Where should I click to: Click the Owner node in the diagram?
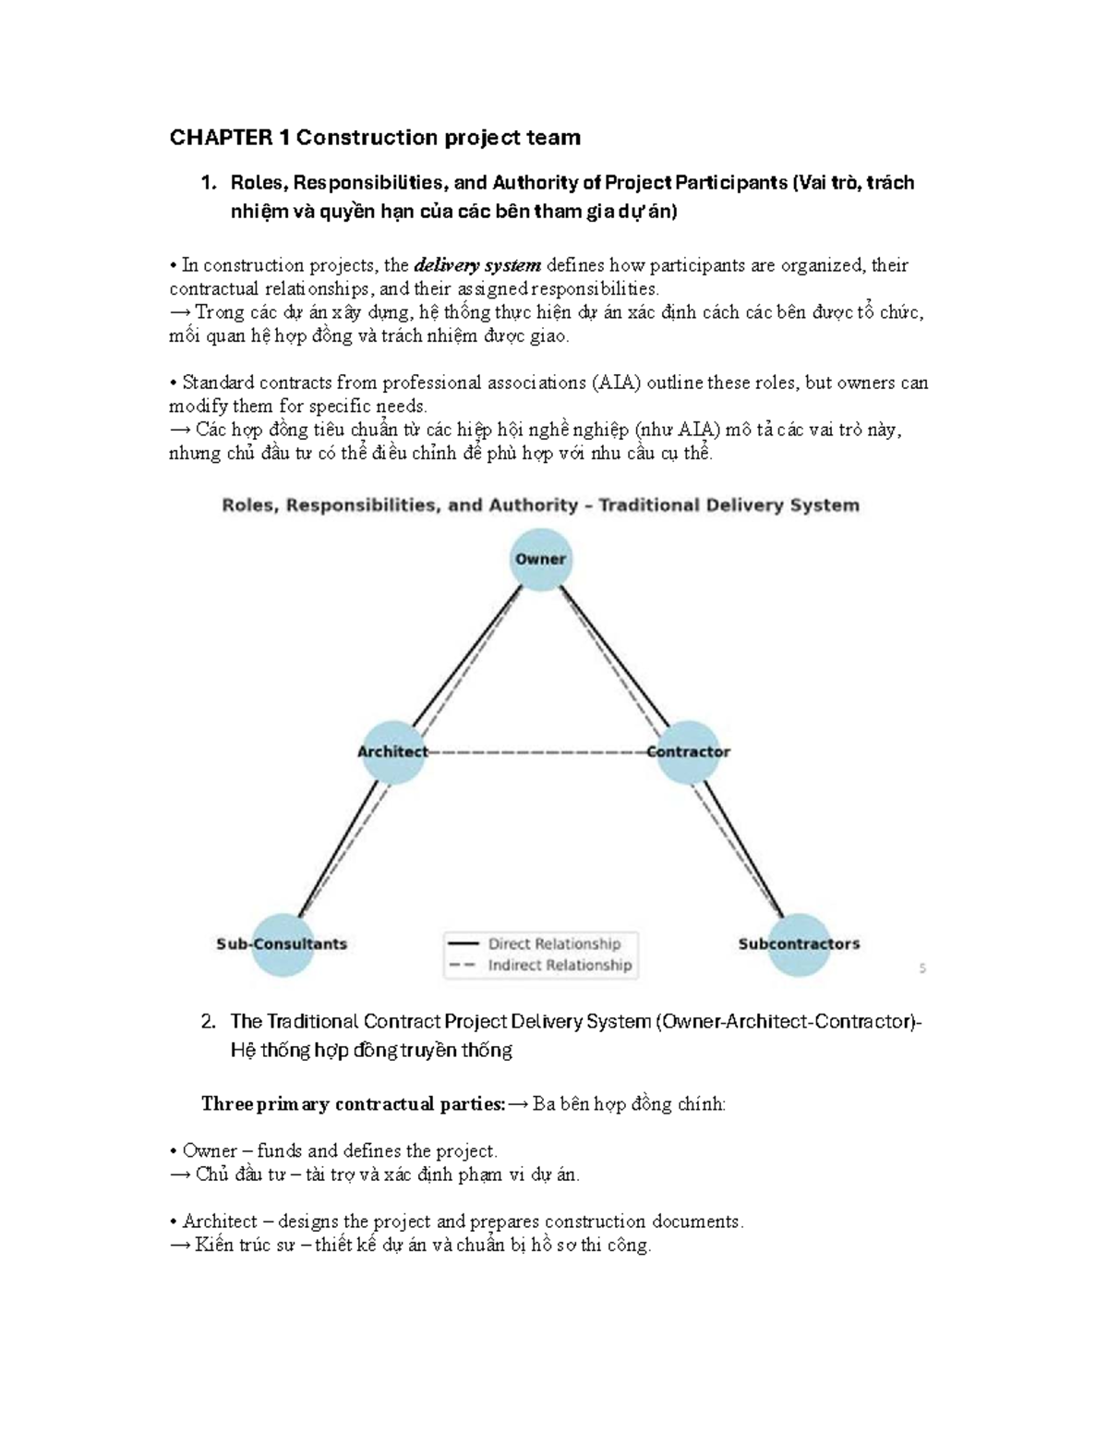[x=541, y=559]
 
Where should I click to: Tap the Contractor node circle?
[x=688, y=752]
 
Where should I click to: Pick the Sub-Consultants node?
[x=283, y=944]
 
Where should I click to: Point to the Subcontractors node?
[x=799, y=944]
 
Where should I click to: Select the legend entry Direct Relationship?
[x=554, y=943]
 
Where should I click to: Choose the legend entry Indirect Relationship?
[x=560, y=966]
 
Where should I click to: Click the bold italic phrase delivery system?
[x=477, y=266]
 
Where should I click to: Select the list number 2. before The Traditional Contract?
[x=209, y=1022]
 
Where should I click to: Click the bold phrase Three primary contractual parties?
[x=354, y=1104]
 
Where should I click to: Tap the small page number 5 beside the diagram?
[x=922, y=968]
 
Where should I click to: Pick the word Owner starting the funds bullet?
[x=210, y=1151]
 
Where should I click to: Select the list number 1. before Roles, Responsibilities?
[x=209, y=183]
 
